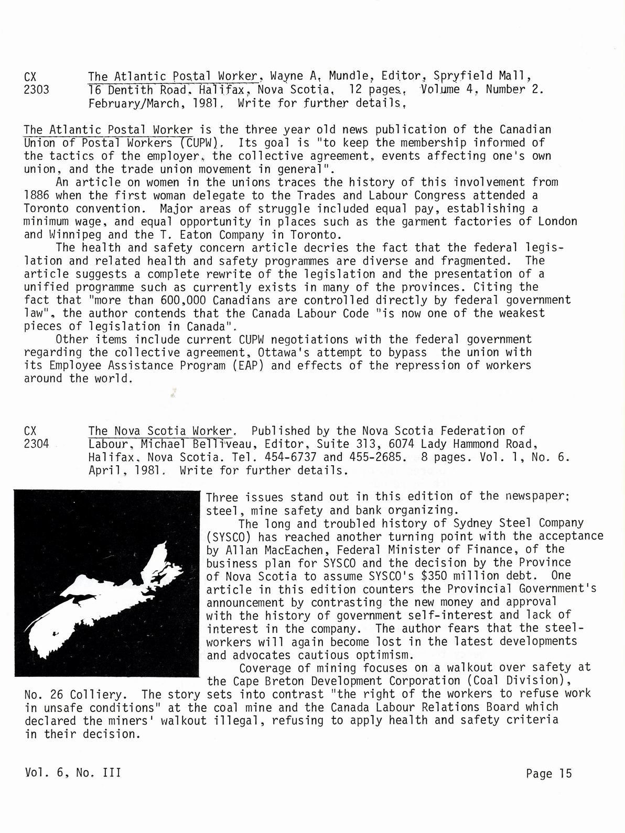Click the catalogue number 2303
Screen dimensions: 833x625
coord(37,90)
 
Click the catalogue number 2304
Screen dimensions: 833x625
coord(37,444)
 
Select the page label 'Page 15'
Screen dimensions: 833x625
coord(548,773)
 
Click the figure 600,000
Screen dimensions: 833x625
coord(172,300)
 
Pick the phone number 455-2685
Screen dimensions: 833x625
coord(381,457)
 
